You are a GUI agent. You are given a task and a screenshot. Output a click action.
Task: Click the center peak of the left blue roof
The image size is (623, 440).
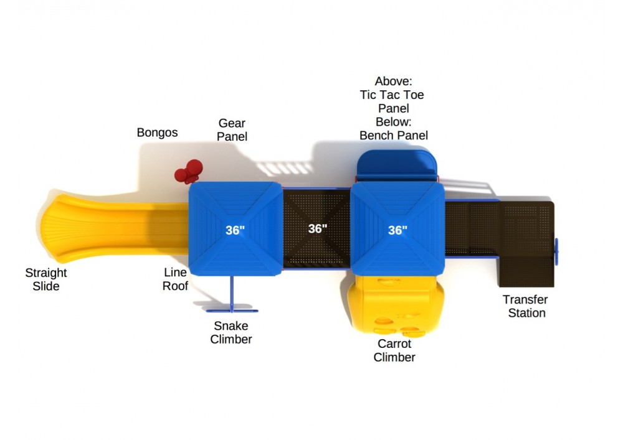(x=235, y=229)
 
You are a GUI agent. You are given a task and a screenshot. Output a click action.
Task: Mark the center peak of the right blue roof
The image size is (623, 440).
(x=397, y=229)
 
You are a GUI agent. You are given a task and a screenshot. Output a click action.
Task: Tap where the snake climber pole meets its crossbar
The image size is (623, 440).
(x=232, y=311)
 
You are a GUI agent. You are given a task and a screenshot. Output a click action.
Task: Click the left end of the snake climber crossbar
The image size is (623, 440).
(x=207, y=311)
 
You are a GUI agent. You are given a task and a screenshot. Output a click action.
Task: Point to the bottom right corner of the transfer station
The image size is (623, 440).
(x=554, y=286)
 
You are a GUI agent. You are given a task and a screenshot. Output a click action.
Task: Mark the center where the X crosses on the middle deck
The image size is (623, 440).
(x=316, y=229)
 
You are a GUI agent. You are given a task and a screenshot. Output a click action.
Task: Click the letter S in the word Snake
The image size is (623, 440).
(x=217, y=325)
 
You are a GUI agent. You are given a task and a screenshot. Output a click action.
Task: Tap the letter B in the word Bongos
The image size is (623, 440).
(x=141, y=132)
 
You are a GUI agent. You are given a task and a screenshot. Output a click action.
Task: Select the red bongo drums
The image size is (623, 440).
(x=189, y=171)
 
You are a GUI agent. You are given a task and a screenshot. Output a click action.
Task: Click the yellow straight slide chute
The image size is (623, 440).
(x=115, y=228)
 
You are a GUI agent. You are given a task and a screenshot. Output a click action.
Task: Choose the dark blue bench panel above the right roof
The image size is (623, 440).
(x=396, y=166)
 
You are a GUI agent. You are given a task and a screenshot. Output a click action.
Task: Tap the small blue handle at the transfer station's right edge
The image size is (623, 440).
(x=556, y=251)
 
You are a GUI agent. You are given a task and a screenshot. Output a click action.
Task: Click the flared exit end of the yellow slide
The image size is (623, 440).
(x=54, y=228)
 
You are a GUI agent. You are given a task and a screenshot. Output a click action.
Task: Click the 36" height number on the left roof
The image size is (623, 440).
(x=235, y=230)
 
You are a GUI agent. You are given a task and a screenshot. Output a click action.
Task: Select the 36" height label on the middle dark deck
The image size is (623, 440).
(x=318, y=228)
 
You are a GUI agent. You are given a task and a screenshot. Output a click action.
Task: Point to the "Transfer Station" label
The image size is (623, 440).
(x=526, y=306)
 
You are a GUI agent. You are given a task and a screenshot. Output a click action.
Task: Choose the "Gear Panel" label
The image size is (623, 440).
(x=232, y=129)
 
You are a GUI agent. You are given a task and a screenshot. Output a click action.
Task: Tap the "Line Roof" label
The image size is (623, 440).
(x=175, y=279)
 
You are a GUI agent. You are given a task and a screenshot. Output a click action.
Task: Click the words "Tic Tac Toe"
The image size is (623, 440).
(x=392, y=95)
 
